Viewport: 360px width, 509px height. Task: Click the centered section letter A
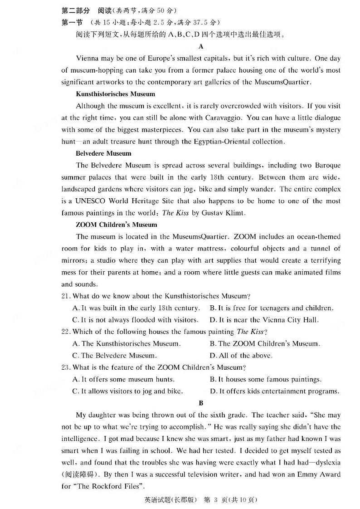[x=201, y=46]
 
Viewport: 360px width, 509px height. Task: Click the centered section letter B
[x=201, y=403]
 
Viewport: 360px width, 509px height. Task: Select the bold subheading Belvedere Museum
[x=103, y=153]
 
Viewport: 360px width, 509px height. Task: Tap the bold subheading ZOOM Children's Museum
[x=117, y=225]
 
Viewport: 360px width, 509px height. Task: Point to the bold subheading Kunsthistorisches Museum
[x=115, y=94]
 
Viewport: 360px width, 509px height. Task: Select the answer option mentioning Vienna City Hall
[x=264, y=320]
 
